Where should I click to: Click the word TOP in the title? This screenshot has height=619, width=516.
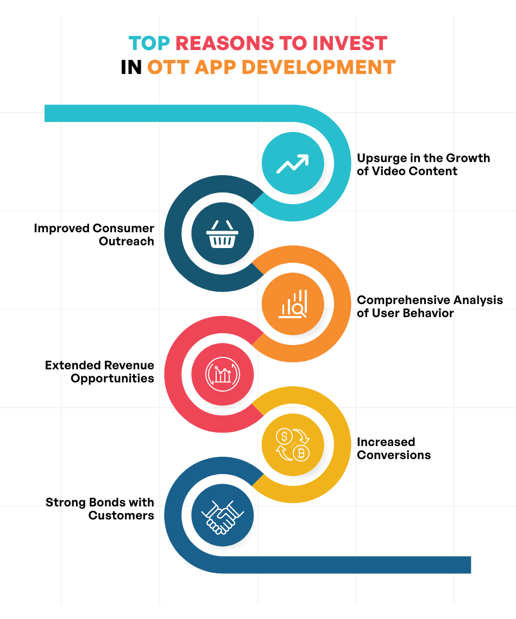[x=149, y=44]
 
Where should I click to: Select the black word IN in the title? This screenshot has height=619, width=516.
[x=131, y=67]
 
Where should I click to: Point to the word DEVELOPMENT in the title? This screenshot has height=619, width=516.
[x=318, y=67]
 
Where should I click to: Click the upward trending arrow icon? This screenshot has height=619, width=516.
[x=293, y=163]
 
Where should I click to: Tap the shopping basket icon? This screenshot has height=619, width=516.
[x=222, y=234]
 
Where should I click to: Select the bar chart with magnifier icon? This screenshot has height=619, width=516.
[x=293, y=304]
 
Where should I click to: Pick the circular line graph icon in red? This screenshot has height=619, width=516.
[x=223, y=374]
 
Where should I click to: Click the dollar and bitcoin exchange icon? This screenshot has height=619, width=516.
[x=293, y=445]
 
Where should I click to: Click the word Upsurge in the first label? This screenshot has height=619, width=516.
[x=382, y=159]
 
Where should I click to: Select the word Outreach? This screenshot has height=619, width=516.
[x=127, y=241]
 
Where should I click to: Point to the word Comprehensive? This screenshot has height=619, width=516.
[x=403, y=301]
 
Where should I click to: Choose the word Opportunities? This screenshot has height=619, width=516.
[x=112, y=379]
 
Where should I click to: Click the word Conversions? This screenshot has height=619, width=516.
[x=394, y=455]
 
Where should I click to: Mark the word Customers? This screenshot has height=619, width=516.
[x=121, y=516]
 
